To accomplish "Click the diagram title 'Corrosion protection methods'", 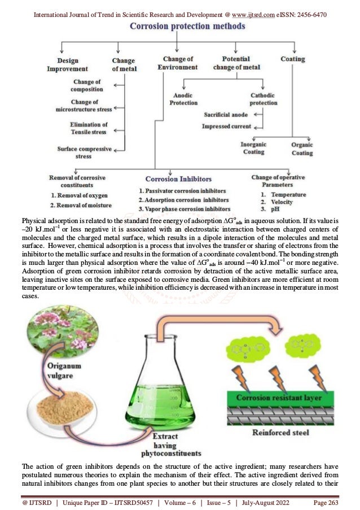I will [x=180, y=27].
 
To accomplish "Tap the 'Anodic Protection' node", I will [x=183, y=99].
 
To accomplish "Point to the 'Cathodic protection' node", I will [x=264, y=99].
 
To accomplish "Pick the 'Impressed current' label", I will [x=226, y=126].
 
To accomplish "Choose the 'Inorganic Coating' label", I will [x=253, y=148].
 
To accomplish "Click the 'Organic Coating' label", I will [x=302, y=149].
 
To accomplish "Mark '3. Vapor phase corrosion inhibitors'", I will [x=184, y=209].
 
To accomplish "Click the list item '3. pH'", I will [x=273, y=209].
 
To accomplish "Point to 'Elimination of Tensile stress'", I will [x=89, y=128].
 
